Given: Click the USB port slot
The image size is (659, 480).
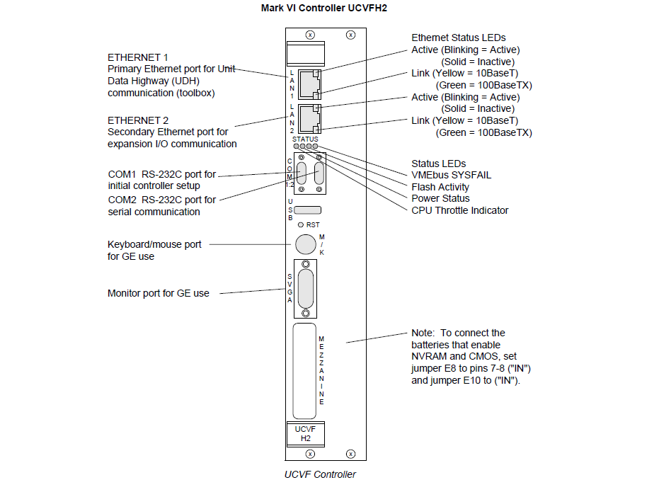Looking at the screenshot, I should click(x=307, y=210).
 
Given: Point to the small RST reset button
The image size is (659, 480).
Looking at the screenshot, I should click(x=301, y=224).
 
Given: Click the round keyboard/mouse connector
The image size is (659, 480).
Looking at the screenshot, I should click(x=305, y=244).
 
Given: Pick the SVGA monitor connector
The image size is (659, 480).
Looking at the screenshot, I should click(x=305, y=290).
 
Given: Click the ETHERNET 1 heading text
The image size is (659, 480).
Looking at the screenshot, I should click(x=138, y=57).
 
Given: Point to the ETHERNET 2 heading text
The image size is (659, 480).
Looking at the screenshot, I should click(x=138, y=120).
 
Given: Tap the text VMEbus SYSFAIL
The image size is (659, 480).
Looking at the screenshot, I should click(x=451, y=175).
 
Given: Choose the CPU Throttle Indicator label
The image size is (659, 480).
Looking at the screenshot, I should click(x=459, y=210).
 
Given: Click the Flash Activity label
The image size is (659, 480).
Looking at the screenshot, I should click(x=440, y=187).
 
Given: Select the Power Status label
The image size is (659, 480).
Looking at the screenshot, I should click(x=440, y=198).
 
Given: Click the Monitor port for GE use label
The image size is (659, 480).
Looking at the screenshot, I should click(x=158, y=293).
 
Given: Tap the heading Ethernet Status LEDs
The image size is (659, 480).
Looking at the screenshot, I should click(x=459, y=38).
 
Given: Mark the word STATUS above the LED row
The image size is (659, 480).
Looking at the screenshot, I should click(x=305, y=139).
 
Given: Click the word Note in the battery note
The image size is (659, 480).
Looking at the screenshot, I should click(x=422, y=333).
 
